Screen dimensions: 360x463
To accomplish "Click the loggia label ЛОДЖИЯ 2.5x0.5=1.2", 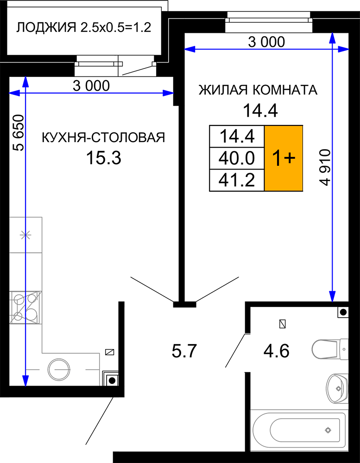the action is point(84,27).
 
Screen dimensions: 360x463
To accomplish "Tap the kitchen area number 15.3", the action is point(103,158).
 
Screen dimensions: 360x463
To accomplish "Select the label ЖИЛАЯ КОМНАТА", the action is point(258,90).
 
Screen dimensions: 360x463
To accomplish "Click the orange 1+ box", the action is point(284,158).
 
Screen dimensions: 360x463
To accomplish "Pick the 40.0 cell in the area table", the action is point(236,158).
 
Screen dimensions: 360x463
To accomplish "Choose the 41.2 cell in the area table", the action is point(236,180).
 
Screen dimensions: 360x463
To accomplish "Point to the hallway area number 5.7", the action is point(184,351).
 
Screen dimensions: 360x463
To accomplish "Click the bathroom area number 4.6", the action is point(276,351).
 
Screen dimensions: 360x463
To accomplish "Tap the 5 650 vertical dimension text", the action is point(19,133).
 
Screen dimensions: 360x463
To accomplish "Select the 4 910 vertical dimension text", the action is point(325,167).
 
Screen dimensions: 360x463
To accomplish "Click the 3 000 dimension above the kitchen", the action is point(91,86).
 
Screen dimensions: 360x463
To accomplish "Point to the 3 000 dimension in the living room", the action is point(266,42).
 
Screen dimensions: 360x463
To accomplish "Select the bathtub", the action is point(298,430).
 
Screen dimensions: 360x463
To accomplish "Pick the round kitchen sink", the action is point(59,369).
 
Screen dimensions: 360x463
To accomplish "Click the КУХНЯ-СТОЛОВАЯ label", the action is point(103,138).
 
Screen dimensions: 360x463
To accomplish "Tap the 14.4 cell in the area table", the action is point(236,137).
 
